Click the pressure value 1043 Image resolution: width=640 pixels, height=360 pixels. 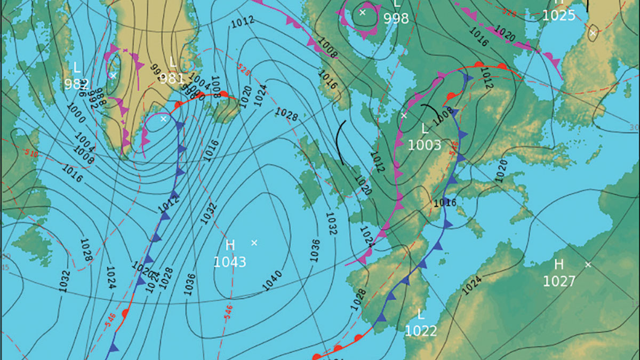tap(230, 262)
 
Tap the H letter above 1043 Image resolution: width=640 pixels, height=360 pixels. tap(230, 245)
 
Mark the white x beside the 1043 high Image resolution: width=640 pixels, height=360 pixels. tap(254, 243)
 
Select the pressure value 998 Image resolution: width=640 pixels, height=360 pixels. tap(396, 19)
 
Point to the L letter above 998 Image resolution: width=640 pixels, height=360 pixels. tap(397, 4)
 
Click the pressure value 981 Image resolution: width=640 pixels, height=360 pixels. tap(171, 78)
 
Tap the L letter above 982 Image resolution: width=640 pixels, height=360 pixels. tap(77, 68)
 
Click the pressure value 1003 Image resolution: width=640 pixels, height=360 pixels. tap(425, 145)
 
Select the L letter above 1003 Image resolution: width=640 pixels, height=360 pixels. tap(425, 129)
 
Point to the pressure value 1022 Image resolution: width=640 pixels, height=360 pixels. tap(421, 331)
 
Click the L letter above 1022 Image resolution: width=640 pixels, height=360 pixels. tap(421, 315)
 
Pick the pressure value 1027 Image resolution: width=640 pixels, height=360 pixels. tap(559, 281)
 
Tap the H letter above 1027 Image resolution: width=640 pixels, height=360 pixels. tap(559, 265)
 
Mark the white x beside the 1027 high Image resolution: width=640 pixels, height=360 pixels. tap(588, 265)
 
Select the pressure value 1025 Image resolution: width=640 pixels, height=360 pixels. tap(559, 15)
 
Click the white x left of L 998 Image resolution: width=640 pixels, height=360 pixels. tap(362, 12)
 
